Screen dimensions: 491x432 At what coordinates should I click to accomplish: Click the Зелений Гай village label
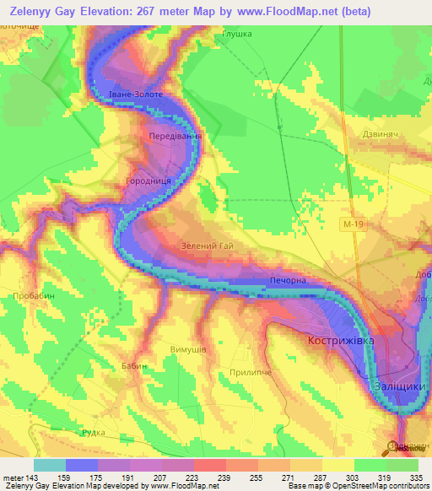click(207, 245)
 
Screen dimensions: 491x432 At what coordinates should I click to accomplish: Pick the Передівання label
click(175, 136)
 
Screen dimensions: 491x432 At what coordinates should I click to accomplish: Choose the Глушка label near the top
click(237, 35)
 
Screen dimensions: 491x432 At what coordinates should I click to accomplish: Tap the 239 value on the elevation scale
click(225, 477)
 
